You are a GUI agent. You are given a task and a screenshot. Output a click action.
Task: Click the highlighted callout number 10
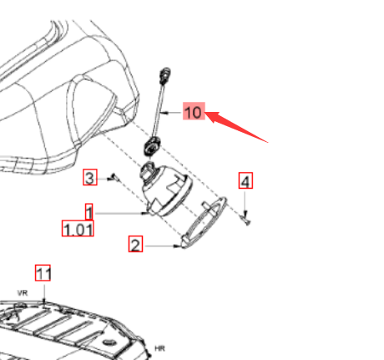point(194,111)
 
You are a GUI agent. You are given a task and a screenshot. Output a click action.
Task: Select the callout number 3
point(90,177)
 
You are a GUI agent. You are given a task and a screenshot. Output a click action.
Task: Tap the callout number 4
point(245,180)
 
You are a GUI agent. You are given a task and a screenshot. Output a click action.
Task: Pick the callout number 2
point(135,244)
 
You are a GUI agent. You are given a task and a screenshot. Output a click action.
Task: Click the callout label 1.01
point(78,228)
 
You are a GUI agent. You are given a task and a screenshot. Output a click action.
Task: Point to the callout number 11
point(43,272)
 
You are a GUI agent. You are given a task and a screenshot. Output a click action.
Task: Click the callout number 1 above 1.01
point(89,211)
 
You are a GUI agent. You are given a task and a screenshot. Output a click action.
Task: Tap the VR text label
point(23,293)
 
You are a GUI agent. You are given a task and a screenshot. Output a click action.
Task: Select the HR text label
point(159,348)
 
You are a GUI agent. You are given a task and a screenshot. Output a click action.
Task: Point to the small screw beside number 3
point(115,177)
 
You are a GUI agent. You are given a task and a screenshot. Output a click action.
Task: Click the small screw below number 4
point(246,220)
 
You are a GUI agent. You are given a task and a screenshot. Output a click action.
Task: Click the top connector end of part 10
point(165,75)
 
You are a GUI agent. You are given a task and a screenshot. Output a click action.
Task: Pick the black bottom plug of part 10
point(152,145)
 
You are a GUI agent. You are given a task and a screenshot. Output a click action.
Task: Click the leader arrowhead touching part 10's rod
point(164,113)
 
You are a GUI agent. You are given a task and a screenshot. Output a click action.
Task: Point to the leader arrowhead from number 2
point(177,246)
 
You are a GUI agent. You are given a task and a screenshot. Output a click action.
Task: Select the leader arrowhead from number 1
point(144,213)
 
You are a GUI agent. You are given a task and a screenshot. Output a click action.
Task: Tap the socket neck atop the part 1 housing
point(148,170)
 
